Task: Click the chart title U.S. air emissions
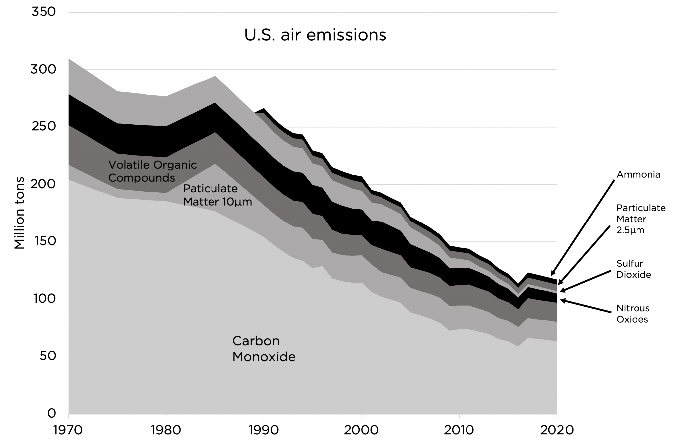315,35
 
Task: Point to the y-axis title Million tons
19,213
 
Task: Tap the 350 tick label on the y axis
43,12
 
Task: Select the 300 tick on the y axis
43,70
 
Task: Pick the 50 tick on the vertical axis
47,356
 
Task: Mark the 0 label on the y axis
52,413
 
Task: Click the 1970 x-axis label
68,430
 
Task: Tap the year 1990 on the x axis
263,430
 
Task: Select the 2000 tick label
361,430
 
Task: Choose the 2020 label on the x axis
557,430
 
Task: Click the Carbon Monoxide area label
264,349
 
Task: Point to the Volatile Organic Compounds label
152,171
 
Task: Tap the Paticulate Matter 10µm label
217,195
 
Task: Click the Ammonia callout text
638,175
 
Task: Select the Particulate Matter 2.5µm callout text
641,219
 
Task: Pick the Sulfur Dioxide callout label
634,269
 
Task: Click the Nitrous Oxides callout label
633,314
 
